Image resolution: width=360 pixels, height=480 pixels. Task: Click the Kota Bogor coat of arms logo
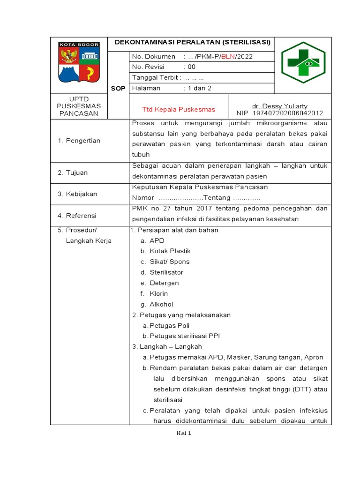[x=78, y=62]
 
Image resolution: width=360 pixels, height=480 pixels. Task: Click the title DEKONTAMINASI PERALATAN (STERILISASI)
[x=193, y=42]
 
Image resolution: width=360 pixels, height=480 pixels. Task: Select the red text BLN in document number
[x=228, y=57]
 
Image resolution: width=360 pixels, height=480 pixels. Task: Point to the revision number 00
[x=192, y=67]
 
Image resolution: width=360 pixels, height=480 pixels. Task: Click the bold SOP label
[x=118, y=89]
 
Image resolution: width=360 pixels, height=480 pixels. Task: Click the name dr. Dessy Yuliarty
[x=280, y=106]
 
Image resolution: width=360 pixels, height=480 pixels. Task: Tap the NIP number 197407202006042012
[x=280, y=113]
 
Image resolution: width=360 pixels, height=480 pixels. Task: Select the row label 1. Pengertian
[x=79, y=141]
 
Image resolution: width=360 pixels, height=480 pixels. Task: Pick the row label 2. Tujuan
[x=73, y=172]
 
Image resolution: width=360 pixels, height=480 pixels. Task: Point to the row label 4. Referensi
[x=77, y=216]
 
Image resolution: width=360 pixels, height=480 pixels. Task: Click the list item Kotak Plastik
[x=170, y=251]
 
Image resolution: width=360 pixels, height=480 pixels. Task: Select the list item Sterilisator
[x=166, y=272]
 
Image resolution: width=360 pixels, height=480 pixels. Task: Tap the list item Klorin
[x=158, y=294]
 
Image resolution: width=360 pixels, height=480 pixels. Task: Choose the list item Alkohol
[x=161, y=305]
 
